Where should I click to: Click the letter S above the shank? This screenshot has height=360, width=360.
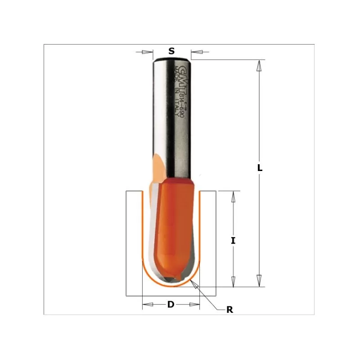[171, 51]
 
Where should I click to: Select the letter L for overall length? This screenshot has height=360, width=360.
[260, 168]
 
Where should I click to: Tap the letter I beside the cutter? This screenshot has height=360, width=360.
[233, 240]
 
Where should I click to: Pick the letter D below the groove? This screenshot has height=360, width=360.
[171, 305]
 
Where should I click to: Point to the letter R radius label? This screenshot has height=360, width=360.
[229, 310]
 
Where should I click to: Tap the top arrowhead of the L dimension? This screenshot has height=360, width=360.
[259, 65]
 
